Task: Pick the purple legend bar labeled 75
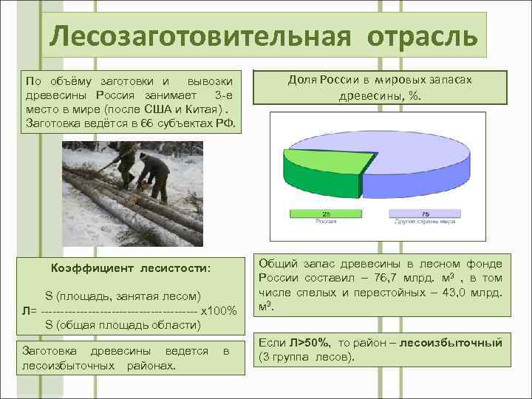coord(425,213)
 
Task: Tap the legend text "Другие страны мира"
coord(424,221)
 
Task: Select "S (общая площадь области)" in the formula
coord(122,324)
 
